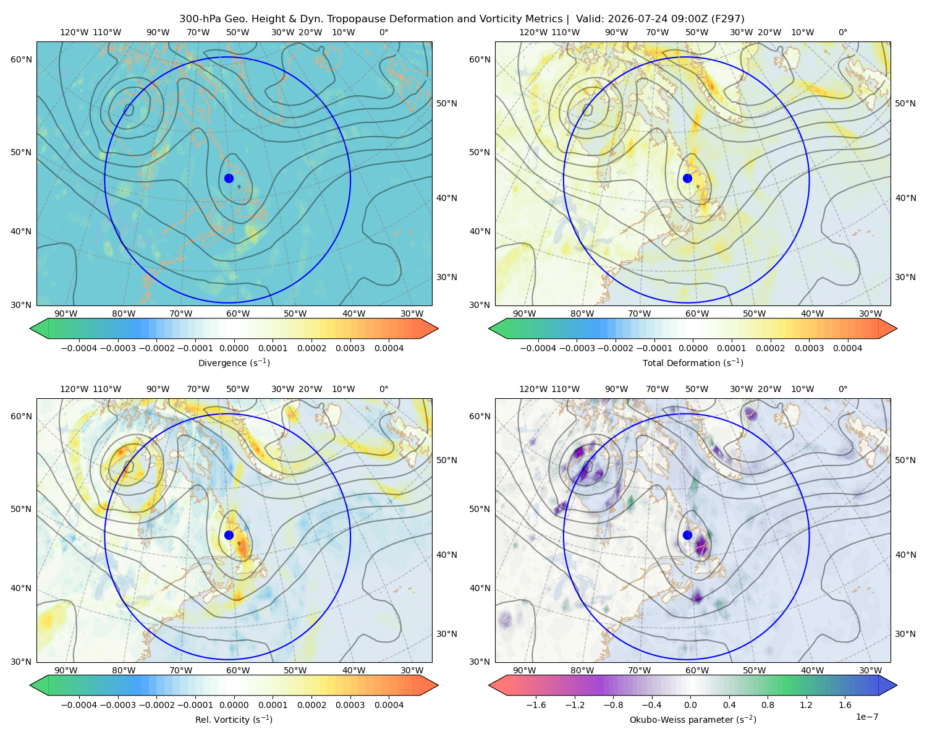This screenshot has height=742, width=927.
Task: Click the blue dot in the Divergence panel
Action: [x=229, y=179]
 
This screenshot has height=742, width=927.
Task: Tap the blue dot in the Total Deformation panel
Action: [x=687, y=179]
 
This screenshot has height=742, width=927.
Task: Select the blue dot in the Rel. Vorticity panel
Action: [x=229, y=535]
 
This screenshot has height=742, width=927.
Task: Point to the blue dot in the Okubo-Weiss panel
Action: [x=687, y=535]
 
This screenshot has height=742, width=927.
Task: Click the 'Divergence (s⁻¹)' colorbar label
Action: [x=234, y=362]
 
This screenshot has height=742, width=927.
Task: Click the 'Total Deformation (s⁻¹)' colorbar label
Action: [x=693, y=362]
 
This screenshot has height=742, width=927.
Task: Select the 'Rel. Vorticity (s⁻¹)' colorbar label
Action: [x=234, y=720]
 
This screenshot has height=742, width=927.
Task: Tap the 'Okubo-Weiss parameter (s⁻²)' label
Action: [x=693, y=720]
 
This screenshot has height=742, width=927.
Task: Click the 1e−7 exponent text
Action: [x=866, y=717]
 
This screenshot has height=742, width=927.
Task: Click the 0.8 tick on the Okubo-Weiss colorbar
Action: [x=768, y=705]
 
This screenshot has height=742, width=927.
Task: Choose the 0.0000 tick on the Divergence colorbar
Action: [x=234, y=348]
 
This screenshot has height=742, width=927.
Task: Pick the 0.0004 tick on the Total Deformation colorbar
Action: [x=848, y=348]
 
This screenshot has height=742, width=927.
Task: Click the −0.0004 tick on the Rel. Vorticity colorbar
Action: [x=79, y=705]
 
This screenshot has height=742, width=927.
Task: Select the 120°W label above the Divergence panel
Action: [x=74, y=32]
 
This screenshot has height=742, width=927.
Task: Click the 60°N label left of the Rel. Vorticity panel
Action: [x=21, y=417]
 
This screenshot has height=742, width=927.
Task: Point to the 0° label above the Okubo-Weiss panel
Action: [x=842, y=389]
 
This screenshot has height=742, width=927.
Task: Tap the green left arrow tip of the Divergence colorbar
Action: [x=30, y=329]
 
